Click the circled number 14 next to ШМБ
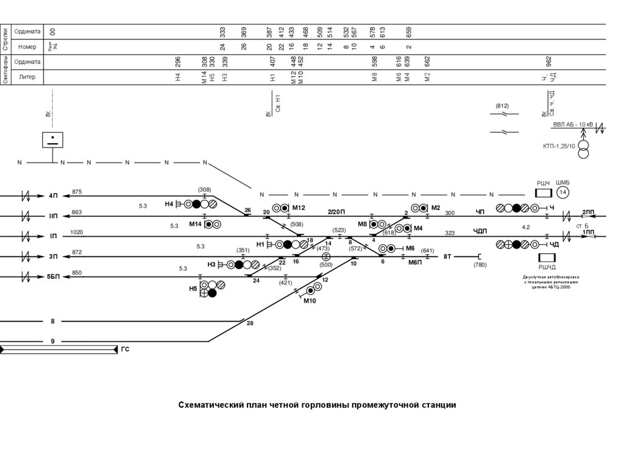pos(562,192)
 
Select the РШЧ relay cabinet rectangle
pos(543,193)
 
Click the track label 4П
pos(54,195)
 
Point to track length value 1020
pos(77,232)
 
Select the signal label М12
pos(299,208)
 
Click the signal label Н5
pos(193,289)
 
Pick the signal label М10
pos(310,301)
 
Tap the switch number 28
pos(250,323)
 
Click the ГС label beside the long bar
pos(126,349)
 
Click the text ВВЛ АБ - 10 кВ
pos(573,125)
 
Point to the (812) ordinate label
pos(502,106)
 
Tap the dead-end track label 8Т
pos(447,257)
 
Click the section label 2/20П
pos(336,211)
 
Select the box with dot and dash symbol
pos(52,139)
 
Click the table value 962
pos(549,61)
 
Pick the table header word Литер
pos(27,77)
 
